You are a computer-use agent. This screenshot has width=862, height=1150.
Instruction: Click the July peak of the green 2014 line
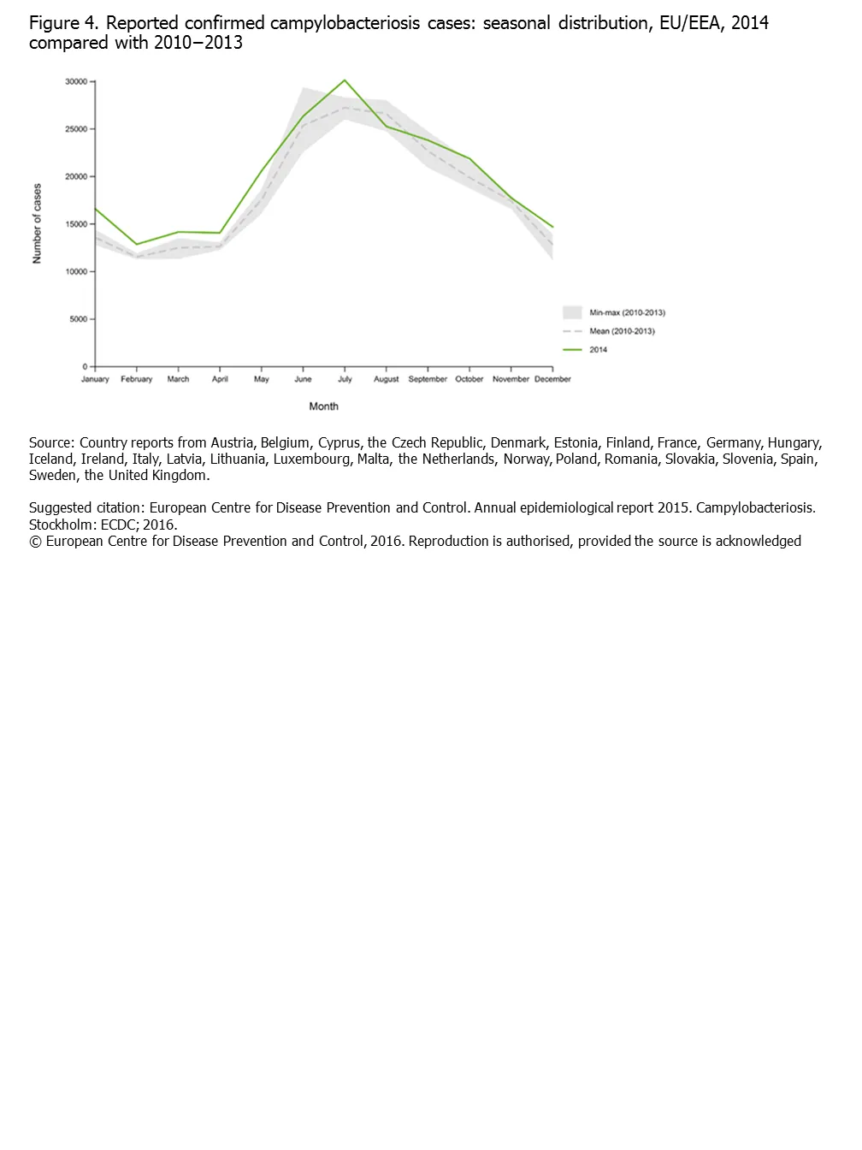pos(345,80)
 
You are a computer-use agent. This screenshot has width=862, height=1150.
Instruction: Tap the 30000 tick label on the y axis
pos(76,82)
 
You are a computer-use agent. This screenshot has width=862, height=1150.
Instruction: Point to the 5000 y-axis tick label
pos(79,319)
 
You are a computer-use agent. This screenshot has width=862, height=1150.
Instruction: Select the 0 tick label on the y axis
pos(85,366)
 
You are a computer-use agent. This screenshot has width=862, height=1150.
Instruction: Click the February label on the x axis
pos(137,379)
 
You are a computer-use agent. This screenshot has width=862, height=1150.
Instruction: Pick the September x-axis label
pos(428,379)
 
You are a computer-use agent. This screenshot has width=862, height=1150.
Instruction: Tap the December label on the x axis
pos(552,379)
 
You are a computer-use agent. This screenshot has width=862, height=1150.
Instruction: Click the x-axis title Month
pos(323,406)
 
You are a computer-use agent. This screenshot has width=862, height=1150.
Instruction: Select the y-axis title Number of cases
pos(37,223)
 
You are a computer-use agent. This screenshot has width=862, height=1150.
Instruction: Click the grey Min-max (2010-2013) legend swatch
pos(572,312)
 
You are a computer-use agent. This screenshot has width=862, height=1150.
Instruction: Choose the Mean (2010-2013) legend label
pos(622,331)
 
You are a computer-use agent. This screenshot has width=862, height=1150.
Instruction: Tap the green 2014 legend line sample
pos(572,350)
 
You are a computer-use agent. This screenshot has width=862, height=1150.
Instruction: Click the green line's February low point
pos(137,245)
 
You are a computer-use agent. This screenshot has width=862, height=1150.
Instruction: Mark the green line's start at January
pos(96,209)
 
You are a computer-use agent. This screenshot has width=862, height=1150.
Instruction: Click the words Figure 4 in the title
pos(63,23)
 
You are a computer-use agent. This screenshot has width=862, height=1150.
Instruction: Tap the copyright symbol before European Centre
pos(35,541)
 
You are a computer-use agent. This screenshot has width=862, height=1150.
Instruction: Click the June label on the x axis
pos(303,379)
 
